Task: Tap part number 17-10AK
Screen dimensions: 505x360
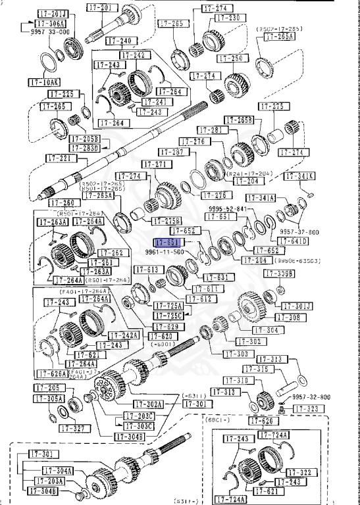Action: pos(43,82)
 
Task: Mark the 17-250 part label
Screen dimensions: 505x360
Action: pos(230,59)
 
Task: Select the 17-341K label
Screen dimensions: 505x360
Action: pos(299,176)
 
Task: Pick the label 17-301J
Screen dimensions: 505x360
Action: pos(298,306)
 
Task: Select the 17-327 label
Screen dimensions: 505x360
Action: pos(73,427)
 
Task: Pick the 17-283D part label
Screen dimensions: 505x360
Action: pos(86,148)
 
